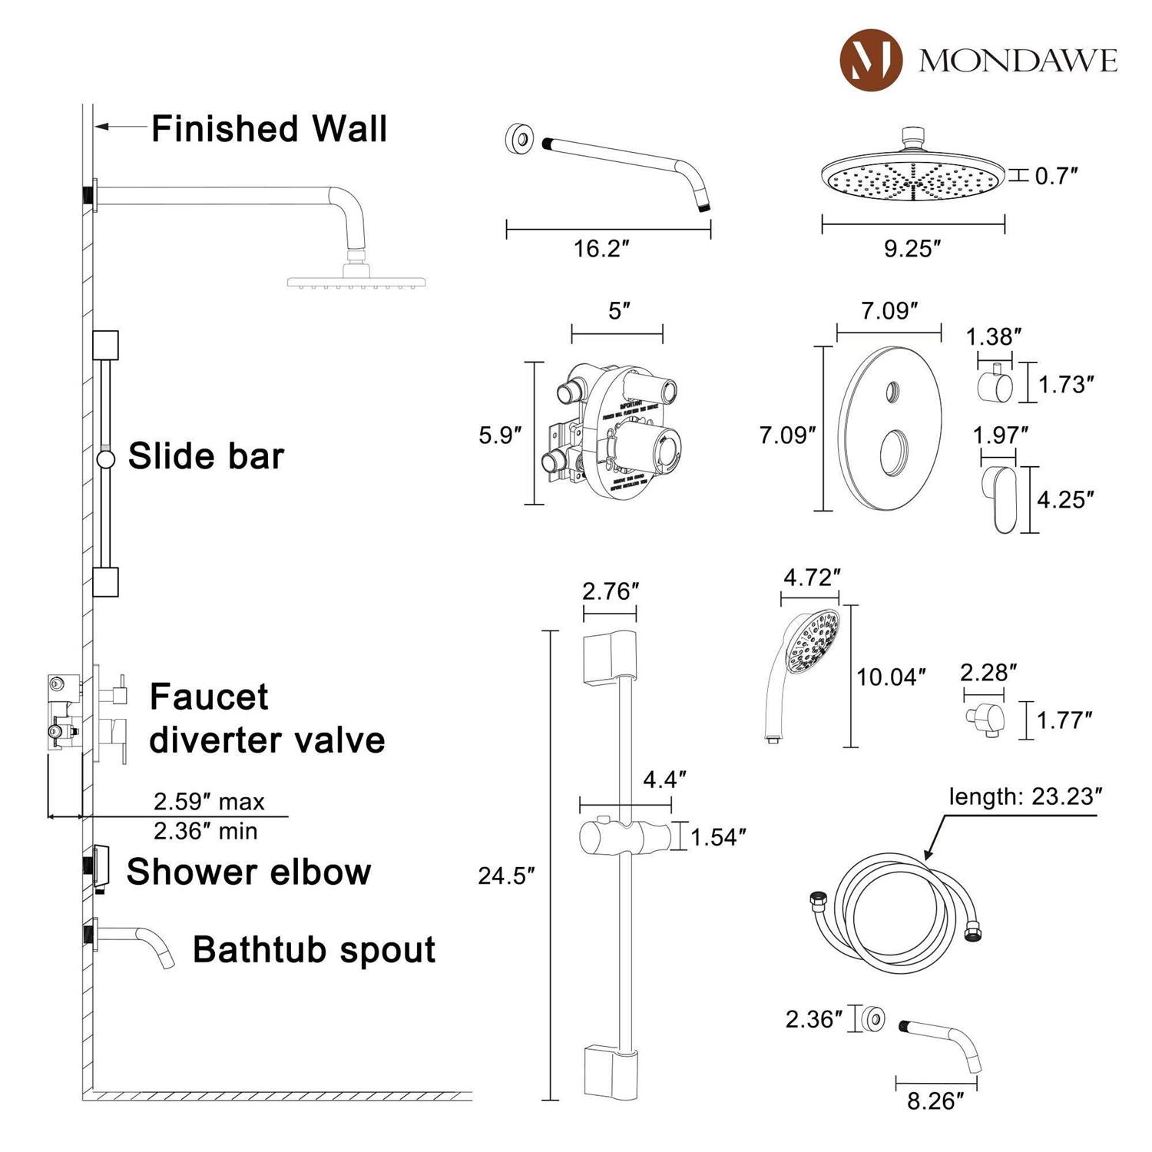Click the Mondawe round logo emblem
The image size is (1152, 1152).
click(870, 59)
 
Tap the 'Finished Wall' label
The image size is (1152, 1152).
click(269, 129)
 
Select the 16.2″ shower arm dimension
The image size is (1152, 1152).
click(601, 249)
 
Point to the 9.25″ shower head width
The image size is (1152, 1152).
click(912, 249)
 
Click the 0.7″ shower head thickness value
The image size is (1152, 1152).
click(1056, 176)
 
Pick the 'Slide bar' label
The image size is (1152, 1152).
click(206, 456)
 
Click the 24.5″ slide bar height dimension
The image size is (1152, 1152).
click(505, 876)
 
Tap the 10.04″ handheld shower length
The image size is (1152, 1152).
click(890, 677)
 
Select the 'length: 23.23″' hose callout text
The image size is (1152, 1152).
click(1025, 796)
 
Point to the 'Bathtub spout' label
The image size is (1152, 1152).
click(313, 950)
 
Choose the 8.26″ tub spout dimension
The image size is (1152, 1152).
click(935, 1101)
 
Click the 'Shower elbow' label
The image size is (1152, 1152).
click(248, 872)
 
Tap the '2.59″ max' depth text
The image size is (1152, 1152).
click(209, 801)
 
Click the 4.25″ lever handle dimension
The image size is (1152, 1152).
click(1064, 499)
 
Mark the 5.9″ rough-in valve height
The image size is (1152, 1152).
click(500, 435)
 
